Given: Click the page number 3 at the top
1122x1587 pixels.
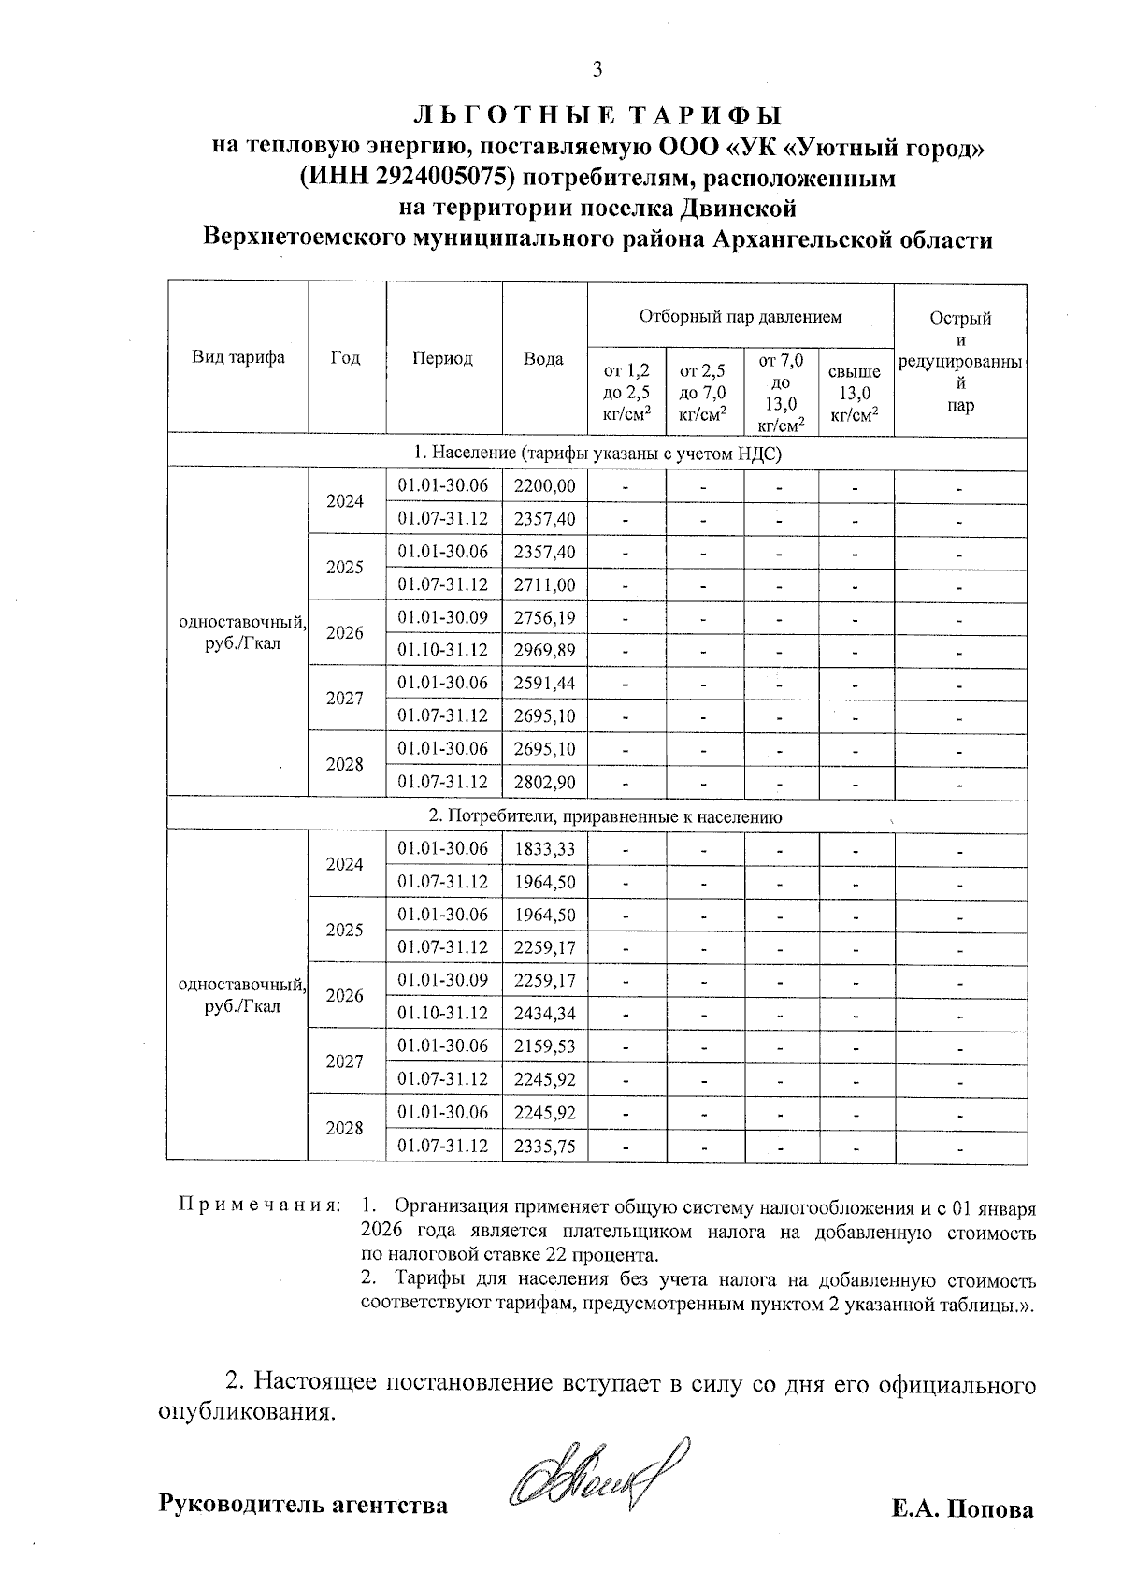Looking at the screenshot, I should [597, 69].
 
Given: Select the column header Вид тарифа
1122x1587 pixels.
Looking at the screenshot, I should [238, 357].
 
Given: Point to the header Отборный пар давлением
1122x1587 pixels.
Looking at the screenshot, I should [740, 316].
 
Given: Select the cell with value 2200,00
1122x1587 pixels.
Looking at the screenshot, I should [544, 485].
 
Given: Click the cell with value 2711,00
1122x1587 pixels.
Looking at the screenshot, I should [544, 584].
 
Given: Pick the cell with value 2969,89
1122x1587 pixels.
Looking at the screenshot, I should [544, 650].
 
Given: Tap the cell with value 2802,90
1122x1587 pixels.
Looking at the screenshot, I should [544, 782].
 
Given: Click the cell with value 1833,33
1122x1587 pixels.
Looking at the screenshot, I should [544, 848].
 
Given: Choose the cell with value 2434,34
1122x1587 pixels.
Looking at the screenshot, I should [544, 1013].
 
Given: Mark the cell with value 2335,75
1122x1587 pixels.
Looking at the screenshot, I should [544, 1146].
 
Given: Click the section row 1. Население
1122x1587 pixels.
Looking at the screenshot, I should [597, 454].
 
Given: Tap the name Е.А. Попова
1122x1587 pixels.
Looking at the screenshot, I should [963, 1509].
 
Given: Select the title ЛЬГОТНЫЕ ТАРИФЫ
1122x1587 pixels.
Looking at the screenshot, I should [597, 115].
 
